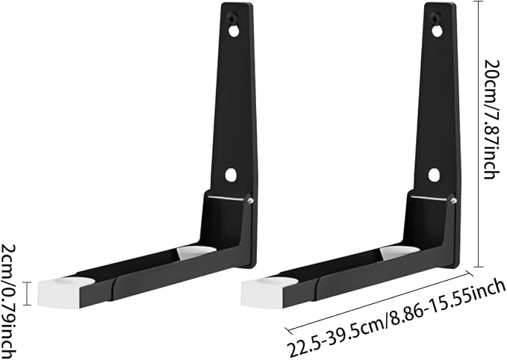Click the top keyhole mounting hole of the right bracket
[x=437, y=29]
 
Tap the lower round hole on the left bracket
[x=231, y=175]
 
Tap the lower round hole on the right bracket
[x=435, y=175]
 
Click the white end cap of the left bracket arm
[x=59, y=293]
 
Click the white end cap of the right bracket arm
[x=263, y=293]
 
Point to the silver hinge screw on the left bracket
[x=250, y=201]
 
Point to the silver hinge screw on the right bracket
[x=453, y=201]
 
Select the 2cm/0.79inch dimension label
[x=9, y=302]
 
